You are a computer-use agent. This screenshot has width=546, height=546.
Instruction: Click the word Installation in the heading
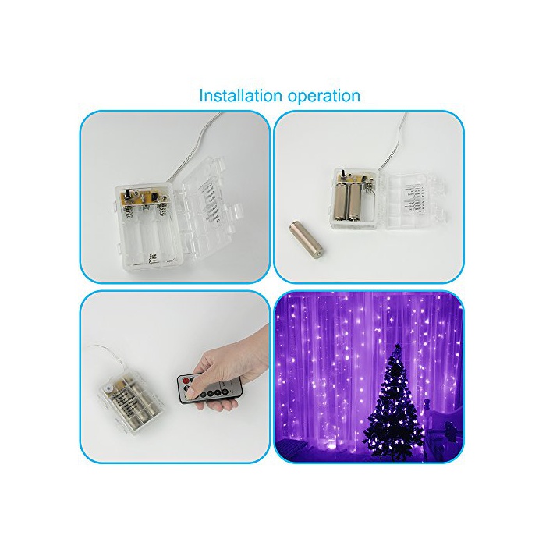coord(240,95)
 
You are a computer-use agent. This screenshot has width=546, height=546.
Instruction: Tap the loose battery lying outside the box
coord(307,241)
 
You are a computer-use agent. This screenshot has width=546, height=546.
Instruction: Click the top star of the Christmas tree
coord(396,348)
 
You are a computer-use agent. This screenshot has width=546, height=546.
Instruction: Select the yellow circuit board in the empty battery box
coord(144,197)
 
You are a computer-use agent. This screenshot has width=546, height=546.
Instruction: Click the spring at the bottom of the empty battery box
coord(151,258)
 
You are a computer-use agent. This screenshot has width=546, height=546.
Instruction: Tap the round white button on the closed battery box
coord(108,389)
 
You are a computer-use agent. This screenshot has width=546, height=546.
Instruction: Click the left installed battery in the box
coord(342,201)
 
